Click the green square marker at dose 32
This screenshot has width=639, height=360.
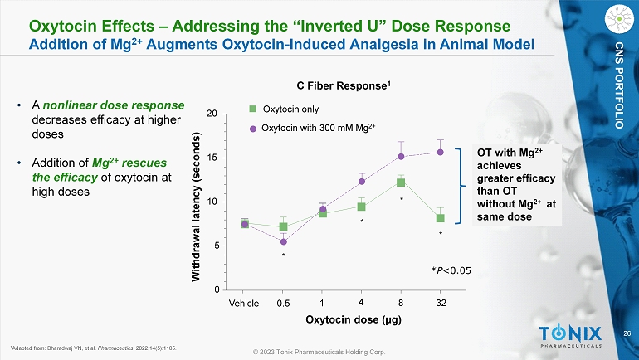(x=440, y=218)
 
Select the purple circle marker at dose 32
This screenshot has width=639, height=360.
(x=440, y=152)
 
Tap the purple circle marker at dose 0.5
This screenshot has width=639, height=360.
(x=283, y=241)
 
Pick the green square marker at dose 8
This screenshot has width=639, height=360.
(x=400, y=182)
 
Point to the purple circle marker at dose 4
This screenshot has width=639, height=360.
(x=362, y=181)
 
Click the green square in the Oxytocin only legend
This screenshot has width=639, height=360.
(x=254, y=108)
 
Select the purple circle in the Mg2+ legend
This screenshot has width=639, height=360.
(x=254, y=128)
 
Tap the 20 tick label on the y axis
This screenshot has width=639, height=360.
(x=212, y=114)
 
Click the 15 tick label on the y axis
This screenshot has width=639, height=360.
(x=212, y=158)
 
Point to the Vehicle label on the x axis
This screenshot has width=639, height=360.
(x=245, y=302)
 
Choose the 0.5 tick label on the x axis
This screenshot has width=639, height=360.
(x=283, y=302)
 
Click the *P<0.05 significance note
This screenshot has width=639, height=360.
(x=451, y=270)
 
